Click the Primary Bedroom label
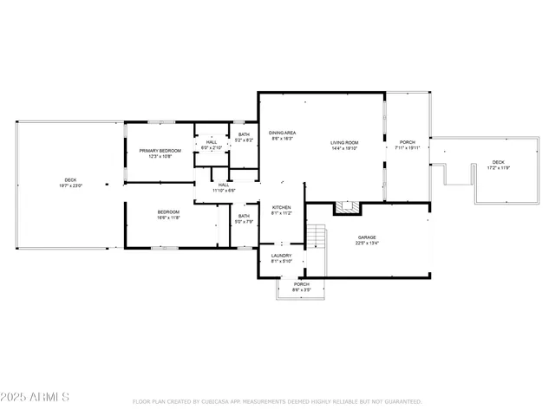tap(159, 151)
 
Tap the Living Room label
tap(344, 143)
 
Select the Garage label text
tap(367, 237)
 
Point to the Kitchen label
tap(282, 207)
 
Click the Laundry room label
tap(281, 256)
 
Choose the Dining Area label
tap(282, 133)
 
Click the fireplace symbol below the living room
tap(347, 207)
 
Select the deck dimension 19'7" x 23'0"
tap(69, 186)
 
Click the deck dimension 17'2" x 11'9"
tap(498, 168)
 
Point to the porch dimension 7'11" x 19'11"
tap(407, 148)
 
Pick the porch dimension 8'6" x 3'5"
tap(301, 289)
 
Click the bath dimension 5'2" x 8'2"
tap(244, 140)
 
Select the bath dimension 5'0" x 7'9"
tap(244, 222)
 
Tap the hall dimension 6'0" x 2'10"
tap(212, 148)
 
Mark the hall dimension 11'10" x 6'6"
tap(224, 191)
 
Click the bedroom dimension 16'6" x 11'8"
tap(168, 218)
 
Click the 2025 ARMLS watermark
tap(36, 397)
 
